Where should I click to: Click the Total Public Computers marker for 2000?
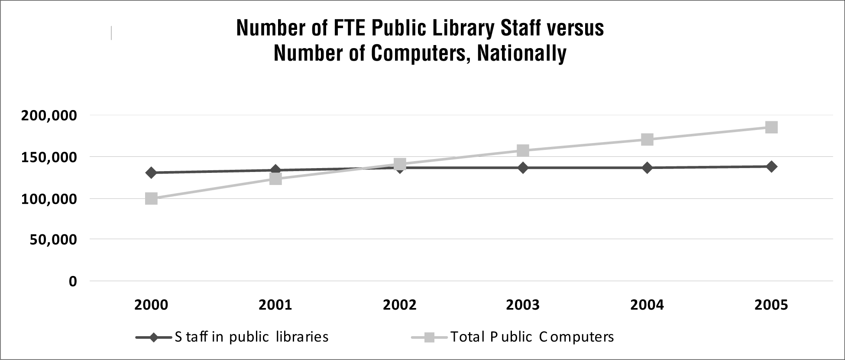pos(151,199)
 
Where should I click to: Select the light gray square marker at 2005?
pos(771,127)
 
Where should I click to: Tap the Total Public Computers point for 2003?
pos(523,151)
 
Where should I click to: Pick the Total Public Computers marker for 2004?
pos(647,139)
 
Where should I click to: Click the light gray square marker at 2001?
pos(275,178)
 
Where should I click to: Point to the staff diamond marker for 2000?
pos(151,173)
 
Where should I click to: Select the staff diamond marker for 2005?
pos(771,166)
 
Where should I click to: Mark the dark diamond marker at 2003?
pos(523,168)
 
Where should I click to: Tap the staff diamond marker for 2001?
pos(275,170)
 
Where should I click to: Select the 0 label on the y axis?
pos(72,282)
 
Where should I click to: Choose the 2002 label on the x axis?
pos(399,305)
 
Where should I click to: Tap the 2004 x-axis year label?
pos(647,305)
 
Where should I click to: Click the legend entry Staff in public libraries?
pos(251,337)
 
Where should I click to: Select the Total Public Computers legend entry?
pos(532,337)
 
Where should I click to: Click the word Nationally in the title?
pos(521,54)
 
